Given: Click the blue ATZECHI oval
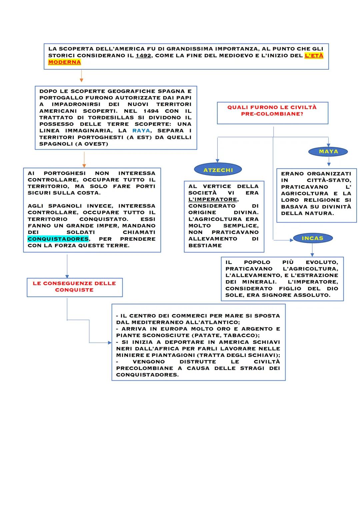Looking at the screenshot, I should tap(218, 170).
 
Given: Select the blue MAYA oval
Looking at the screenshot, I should tap(328, 152).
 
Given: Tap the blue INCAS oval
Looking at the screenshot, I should tap(312, 238).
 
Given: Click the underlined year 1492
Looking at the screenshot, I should tap(144, 56).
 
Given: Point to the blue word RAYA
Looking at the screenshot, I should tap(141, 131).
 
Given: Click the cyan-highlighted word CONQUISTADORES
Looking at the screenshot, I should tap(58, 239).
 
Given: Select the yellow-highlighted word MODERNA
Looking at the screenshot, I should tap(65, 62).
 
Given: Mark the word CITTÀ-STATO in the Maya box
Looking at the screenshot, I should tap(329, 180).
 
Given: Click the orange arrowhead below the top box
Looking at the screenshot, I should tap(81, 80).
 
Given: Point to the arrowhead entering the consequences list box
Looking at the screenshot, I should tap(110, 342).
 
